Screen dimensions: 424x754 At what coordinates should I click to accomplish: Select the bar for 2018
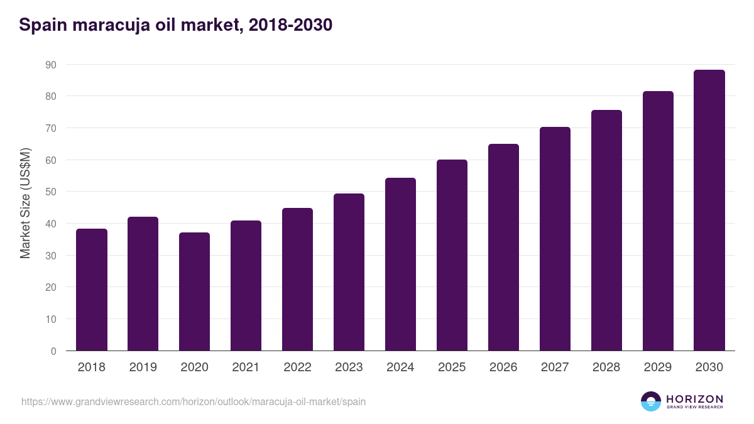click(92, 290)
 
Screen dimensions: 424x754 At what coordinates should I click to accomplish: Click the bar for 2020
click(195, 291)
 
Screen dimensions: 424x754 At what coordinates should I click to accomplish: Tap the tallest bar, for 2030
click(709, 210)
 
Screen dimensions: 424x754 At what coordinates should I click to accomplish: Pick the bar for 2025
click(452, 255)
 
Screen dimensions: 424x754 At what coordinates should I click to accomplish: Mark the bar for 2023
click(349, 272)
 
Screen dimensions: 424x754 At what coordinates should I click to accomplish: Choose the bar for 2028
click(606, 231)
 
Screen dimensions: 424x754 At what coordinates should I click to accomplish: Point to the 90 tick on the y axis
click(50, 65)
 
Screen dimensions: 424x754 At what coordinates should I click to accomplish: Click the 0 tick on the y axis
click(53, 351)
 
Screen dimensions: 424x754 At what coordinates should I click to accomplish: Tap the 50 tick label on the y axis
click(50, 192)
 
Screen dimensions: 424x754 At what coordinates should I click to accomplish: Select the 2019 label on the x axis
click(143, 367)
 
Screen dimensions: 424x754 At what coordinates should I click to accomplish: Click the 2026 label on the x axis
click(503, 367)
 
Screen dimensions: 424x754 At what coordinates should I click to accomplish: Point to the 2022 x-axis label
click(297, 367)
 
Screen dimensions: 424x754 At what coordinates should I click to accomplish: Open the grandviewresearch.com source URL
click(194, 401)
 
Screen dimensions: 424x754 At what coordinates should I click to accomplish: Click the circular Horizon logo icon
click(651, 401)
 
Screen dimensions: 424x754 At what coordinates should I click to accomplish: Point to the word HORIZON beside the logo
click(694, 399)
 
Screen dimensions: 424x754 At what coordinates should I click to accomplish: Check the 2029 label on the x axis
click(658, 367)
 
